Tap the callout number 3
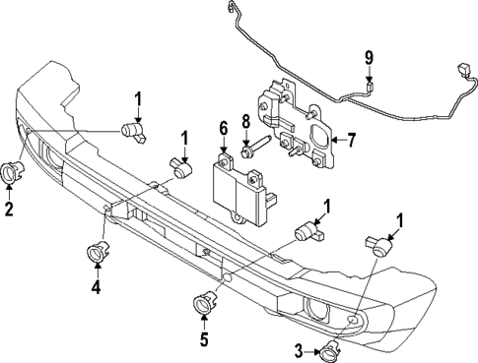[x=298, y=350]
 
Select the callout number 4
[x=97, y=287]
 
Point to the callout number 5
[x=203, y=340]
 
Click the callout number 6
[x=223, y=128]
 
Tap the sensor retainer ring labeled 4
[x=96, y=250]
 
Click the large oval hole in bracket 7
[x=318, y=136]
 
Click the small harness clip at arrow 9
[x=369, y=86]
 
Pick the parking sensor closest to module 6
[x=181, y=167]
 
